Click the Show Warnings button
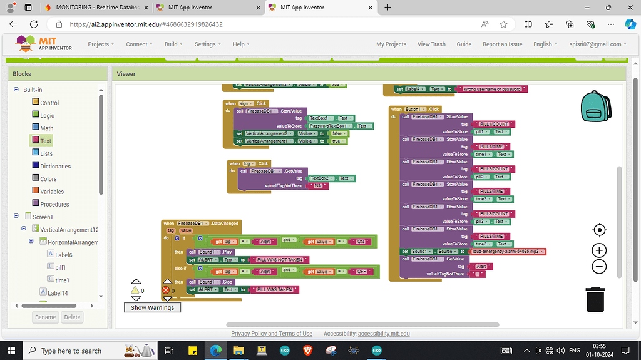click(152, 307)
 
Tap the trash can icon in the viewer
click(595, 299)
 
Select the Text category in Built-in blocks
click(46, 141)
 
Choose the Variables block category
click(52, 192)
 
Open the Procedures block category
click(54, 204)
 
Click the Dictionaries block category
click(55, 166)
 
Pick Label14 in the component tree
click(58, 292)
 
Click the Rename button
click(46, 317)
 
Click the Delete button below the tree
click(73, 317)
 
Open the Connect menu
click(138, 44)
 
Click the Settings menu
click(207, 44)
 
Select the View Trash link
click(431, 44)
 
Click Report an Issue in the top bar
click(502, 44)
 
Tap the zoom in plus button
click(599, 250)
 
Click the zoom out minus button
click(599, 267)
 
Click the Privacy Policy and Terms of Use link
click(272, 334)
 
